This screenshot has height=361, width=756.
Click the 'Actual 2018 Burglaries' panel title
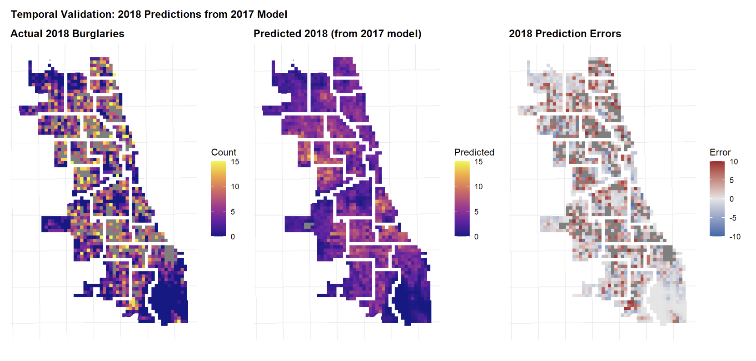pos(67,34)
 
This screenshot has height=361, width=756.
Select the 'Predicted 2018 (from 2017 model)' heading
pos(337,34)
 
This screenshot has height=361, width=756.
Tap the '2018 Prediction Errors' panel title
pos(565,34)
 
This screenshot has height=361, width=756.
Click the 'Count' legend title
pos(224,152)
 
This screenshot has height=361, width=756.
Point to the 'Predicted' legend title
pos(474,152)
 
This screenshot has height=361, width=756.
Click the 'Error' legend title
pos(720,152)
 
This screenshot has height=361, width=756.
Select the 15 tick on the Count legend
pos(235,162)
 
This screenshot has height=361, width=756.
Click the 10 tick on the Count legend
pos(235,186)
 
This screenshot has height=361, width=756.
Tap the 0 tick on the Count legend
pos(233,236)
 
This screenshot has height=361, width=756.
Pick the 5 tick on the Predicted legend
pos(476,211)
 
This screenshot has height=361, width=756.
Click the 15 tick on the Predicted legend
pos(478,162)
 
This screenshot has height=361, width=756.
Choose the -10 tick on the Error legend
pos(735,236)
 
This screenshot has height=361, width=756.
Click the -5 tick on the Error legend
pos(733,218)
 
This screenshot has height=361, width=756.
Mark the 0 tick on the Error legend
pos(731,199)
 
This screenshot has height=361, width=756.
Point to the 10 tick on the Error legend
pos(734,162)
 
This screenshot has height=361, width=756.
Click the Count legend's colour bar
pos(219,199)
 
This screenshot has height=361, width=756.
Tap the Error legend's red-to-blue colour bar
pos(717,199)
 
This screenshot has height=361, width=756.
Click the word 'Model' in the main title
pos(272,14)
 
